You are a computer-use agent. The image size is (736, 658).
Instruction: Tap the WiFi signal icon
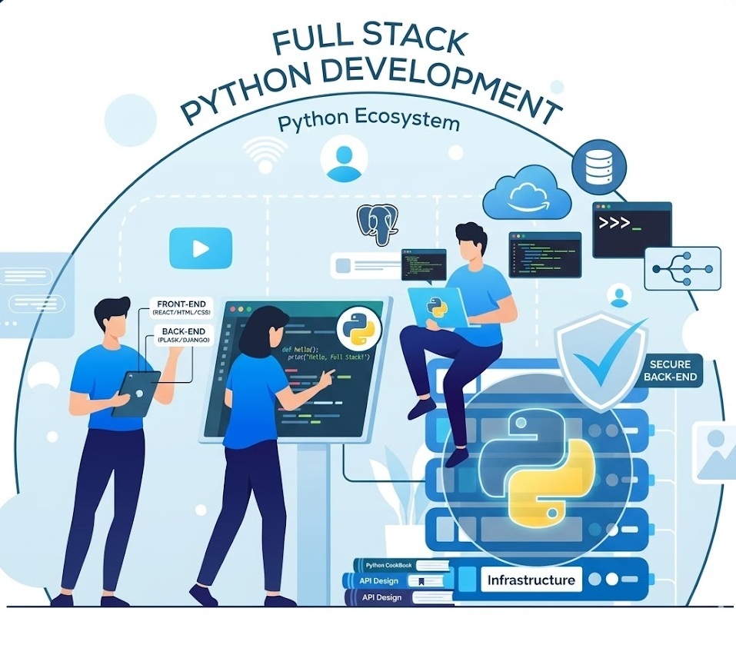click(265, 153)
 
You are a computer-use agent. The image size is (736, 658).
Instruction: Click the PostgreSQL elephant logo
click(376, 224)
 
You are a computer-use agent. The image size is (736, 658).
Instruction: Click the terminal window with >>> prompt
click(631, 229)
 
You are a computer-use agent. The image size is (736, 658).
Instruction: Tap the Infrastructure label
click(531, 580)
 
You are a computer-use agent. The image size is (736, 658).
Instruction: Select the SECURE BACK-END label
click(670, 371)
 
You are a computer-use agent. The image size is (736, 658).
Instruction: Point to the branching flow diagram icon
click(682, 268)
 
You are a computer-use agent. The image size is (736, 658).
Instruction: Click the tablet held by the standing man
click(135, 393)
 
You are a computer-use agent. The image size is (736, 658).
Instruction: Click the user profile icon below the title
click(344, 160)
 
